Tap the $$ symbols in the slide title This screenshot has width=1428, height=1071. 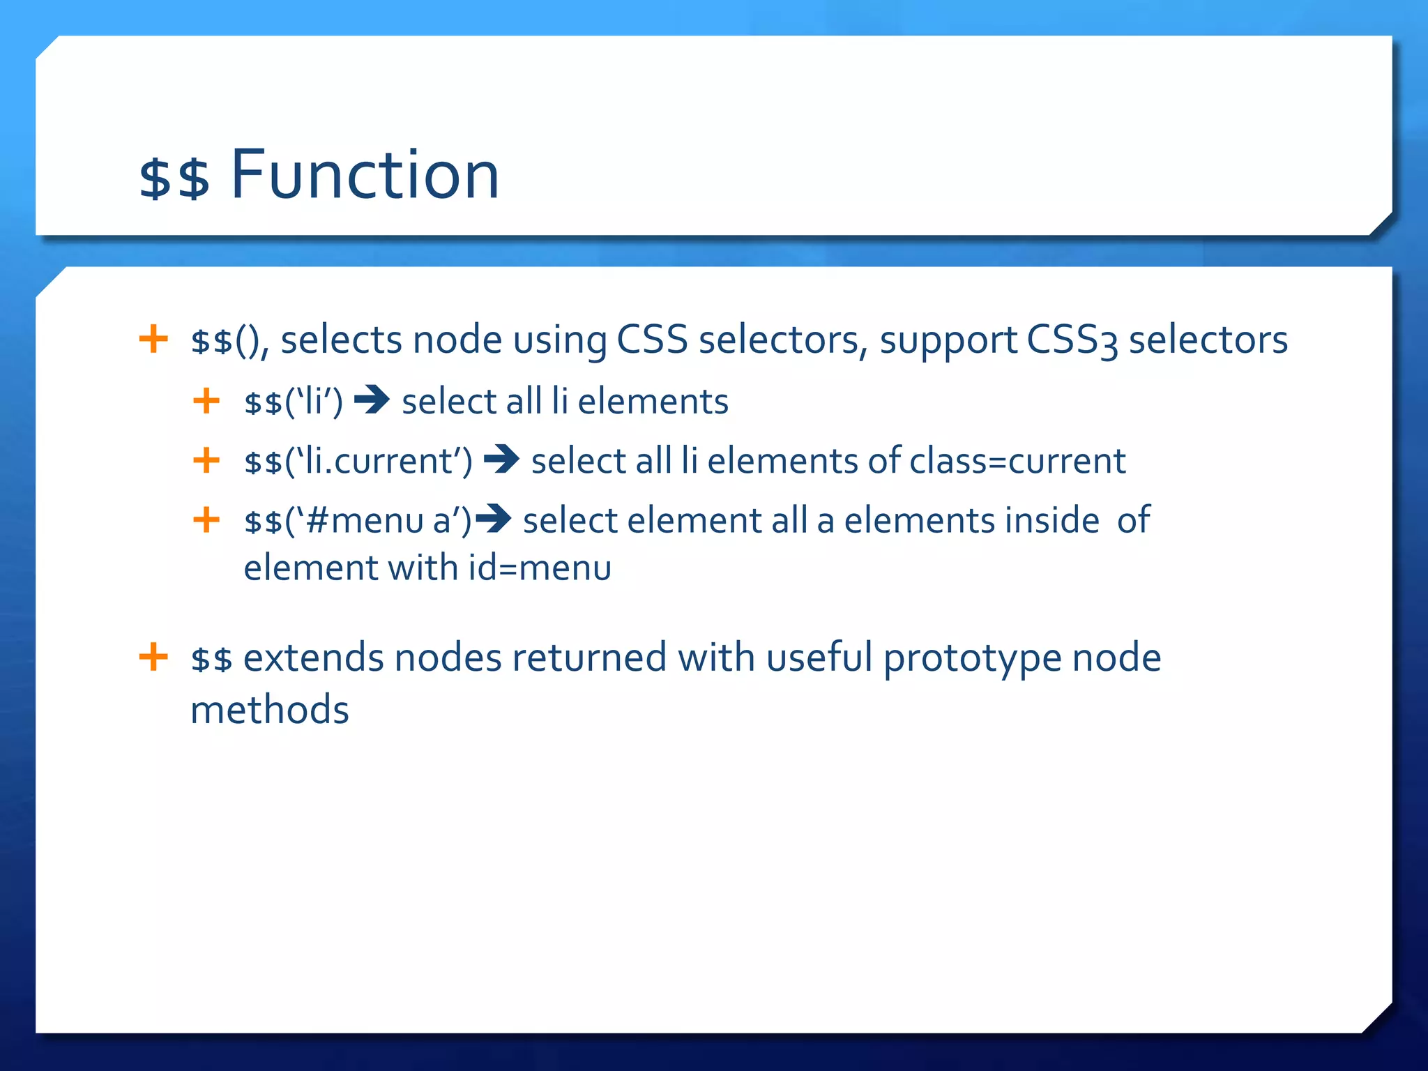click(x=174, y=178)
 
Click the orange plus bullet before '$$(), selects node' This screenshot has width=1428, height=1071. click(x=153, y=340)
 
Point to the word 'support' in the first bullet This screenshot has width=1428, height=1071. click(x=948, y=341)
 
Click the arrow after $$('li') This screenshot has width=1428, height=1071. click(x=372, y=400)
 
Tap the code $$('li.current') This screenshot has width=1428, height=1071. click(x=358, y=461)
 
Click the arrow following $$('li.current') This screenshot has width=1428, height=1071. click(x=501, y=459)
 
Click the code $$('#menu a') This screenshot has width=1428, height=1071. click(x=358, y=521)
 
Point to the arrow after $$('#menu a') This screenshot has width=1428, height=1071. click(x=494, y=519)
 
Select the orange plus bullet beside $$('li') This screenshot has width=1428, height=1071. click(x=206, y=401)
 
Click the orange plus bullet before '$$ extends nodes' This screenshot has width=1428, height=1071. click(x=153, y=657)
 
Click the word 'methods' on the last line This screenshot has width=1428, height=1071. click(x=270, y=710)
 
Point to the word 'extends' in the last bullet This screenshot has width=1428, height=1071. click(x=313, y=658)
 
